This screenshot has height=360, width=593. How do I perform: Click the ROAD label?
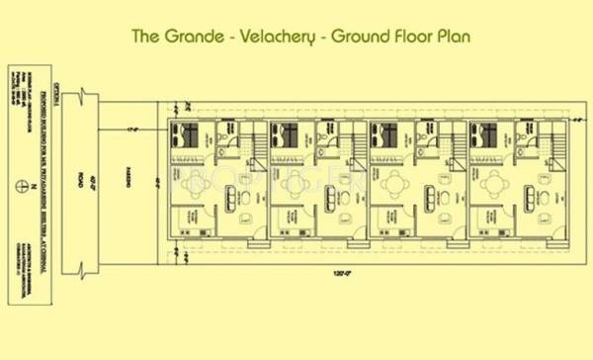pyautogui.click(x=79, y=182)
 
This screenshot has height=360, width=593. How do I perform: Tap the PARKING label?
pyautogui.click(x=128, y=182)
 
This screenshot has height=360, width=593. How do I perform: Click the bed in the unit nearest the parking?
pyautogui.click(x=186, y=135)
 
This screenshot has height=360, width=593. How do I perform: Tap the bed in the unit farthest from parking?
pyautogui.click(x=484, y=135)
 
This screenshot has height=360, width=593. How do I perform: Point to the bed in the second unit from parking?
pyautogui.click(x=286, y=135)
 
